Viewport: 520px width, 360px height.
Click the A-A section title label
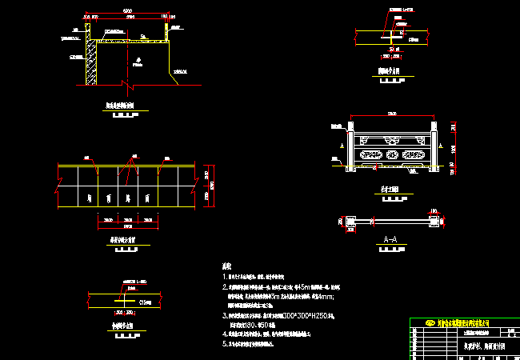coord(391,238)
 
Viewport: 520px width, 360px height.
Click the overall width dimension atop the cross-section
coord(128,10)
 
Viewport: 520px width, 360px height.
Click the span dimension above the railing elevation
coord(392,113)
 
